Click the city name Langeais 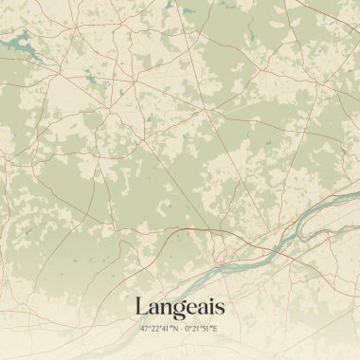coord(180,307)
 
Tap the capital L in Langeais coord(142,307)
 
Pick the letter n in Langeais coord(165,309)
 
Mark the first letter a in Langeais coord(153,309)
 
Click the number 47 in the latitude coord(145,329)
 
